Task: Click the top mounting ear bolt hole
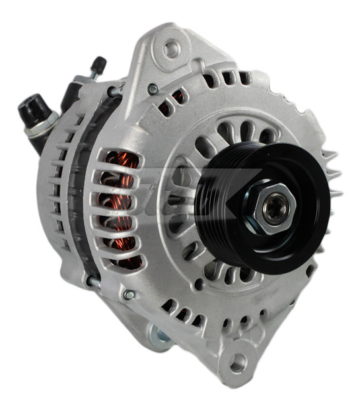[x=172, y=49]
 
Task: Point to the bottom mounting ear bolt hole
[x=236, y=362]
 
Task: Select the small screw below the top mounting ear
[x=153, y=88]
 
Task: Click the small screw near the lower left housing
[x=129, y=294]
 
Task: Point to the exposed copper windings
[x=122, y=205]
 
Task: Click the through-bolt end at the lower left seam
[x=92, y=282]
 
